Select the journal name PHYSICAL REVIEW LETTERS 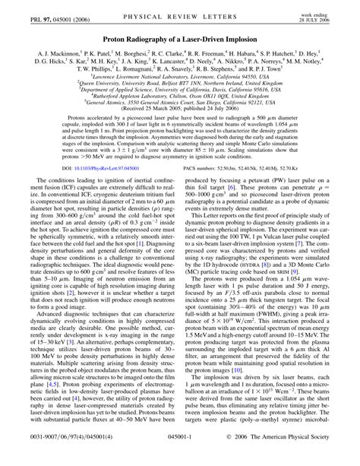point(179,8)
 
